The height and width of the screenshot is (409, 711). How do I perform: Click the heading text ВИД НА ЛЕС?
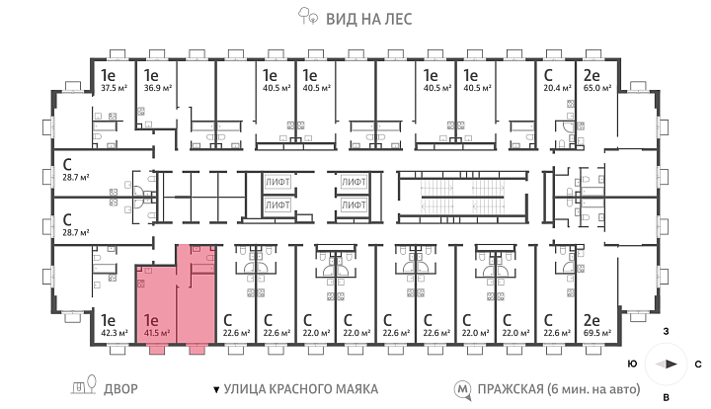pos(369,19)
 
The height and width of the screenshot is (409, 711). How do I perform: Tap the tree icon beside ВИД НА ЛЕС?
pos(308,16)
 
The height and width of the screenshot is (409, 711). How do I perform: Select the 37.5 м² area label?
pos(114,88)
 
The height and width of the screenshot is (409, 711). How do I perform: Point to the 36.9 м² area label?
pos(158,88)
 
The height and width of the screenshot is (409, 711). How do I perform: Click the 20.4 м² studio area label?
pos(557,88)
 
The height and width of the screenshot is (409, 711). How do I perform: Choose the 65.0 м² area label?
pos(597,88)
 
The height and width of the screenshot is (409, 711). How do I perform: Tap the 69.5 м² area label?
pos(597,333)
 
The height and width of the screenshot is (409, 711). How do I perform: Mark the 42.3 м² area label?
pos(115,333)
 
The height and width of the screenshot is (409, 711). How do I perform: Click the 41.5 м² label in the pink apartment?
pos(157,333)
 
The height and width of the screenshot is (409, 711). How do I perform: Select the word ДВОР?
pos(120,389)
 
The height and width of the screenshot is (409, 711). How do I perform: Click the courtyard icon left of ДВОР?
pos(84,385)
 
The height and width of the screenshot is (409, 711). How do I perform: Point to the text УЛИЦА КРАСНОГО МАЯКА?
pos(301,389)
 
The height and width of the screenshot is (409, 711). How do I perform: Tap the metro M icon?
pos(463,390)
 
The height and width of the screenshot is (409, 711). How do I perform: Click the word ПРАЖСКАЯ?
pos(511,389)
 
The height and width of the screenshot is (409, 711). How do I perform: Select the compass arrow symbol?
pos(667,365)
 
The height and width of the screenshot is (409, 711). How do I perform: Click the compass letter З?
pos(667,332)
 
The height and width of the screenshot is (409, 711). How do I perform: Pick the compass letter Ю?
pos(633,364)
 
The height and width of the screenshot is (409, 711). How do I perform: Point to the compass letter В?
pos(667,398)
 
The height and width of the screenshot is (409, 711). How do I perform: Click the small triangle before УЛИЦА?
pos(216,389)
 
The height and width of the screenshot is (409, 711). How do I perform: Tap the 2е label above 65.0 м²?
pos(592,75)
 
